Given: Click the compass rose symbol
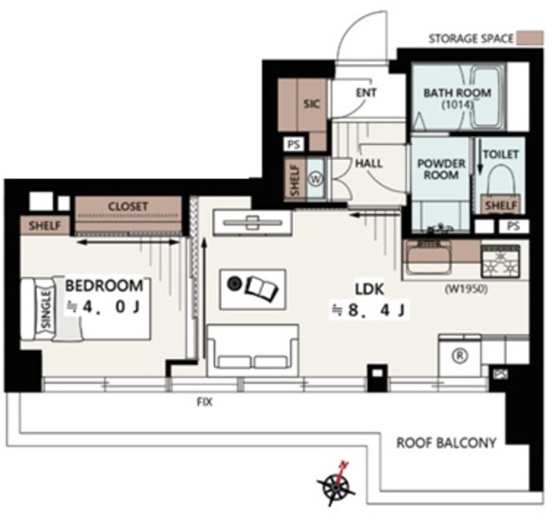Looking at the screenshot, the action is pos(336,485).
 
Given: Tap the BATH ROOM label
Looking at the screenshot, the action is pos(457,93).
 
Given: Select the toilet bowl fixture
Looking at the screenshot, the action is pos(500,183).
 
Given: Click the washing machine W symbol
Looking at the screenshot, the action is pos(317,179).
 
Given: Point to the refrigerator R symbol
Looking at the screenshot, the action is pos(460,356).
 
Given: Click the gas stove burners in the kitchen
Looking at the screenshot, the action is pos(500,261).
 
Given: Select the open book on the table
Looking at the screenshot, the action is pos(262,289).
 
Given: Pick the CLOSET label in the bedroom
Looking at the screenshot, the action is pos(128,206).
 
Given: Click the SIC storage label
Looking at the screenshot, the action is pos(312,104).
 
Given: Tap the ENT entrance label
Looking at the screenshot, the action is pos(366,92).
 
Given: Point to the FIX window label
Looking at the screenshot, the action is pos(204,402).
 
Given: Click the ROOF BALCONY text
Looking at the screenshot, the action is pos(447,443).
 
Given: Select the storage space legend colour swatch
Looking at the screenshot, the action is pos(530,38).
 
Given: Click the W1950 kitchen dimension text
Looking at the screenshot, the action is pos(467,289).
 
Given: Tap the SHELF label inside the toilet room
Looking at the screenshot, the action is pos(500,205).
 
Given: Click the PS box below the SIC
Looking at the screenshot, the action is pos(294,144).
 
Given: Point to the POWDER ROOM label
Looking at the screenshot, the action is pos(441,169).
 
